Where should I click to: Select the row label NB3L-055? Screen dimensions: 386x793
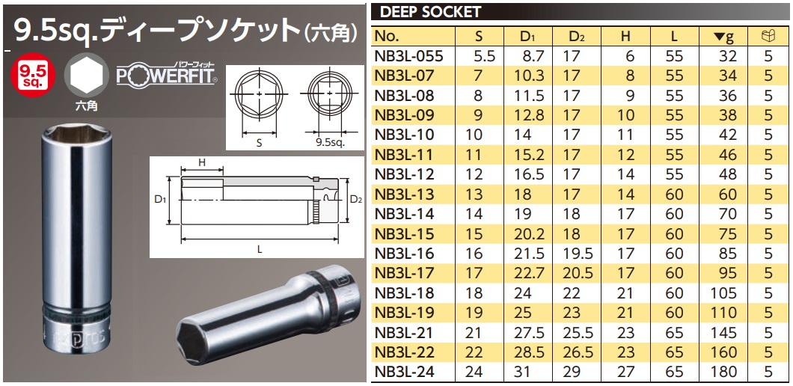click(409, 56)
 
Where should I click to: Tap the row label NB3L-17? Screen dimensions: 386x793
click(403, 272)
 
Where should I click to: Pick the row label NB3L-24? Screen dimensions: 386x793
click(403, 370)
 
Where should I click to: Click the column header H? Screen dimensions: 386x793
click(626, 36)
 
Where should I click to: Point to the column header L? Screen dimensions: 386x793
click(675, 36)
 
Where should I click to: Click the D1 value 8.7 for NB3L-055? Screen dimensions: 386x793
click(526, 56)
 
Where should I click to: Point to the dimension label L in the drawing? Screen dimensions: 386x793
click(259, 250)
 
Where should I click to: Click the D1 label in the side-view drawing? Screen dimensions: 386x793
click(159, 200)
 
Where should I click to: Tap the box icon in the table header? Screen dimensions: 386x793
click(768, 36)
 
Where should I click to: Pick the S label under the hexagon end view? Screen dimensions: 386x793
click(259, 140)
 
